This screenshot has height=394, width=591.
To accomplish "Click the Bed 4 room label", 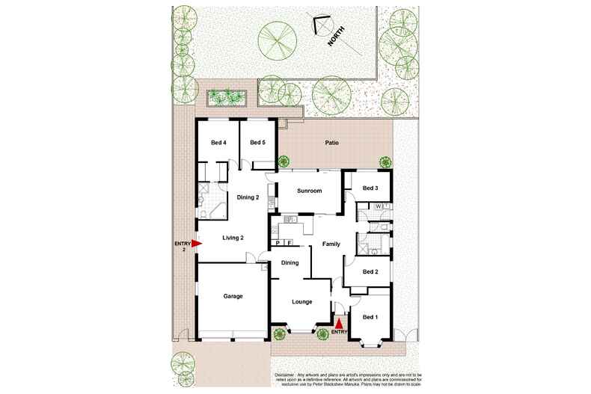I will click(x=218, y=143).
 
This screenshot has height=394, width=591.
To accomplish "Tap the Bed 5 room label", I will click(x=258, y=143).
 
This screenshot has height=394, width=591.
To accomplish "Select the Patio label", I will click(x=333, y=143).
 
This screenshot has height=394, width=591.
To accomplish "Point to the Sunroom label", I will click(x=309, y=191).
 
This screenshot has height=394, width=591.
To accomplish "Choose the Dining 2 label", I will click(x=248, y=197).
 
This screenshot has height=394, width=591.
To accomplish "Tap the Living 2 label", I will click(x=233, y=238).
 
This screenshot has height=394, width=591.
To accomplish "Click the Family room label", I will click(x=331, y=244).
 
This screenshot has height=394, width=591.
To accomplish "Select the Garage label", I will click(x=233, y=296).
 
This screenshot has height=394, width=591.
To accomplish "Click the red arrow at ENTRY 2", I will click(x=197, y=243).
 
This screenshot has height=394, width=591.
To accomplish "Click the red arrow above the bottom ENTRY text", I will click(x=338, y=322).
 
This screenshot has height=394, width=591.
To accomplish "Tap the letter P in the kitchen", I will click(x=278, y=243).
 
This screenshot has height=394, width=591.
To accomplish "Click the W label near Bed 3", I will click(x=379, y=206).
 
